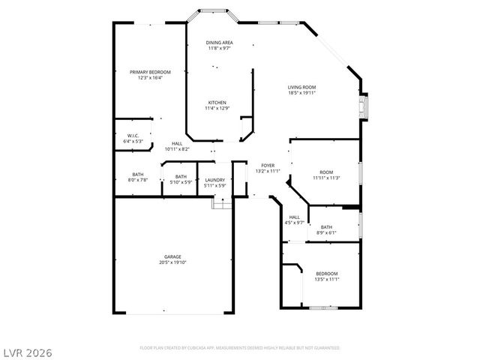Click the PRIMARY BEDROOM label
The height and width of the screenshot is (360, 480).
click(150, 72)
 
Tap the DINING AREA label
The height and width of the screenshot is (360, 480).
click(219, 43)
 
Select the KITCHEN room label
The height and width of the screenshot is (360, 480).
click(217, 103)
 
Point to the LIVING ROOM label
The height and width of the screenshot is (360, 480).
click(301, 88)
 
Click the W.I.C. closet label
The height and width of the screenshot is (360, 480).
click(132, 136)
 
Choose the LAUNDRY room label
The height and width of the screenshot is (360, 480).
click(215, 179)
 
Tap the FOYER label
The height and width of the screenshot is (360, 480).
click(267, 165)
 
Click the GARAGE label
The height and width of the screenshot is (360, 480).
click(173, 256)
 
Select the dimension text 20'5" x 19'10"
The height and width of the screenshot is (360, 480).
click(173, 262)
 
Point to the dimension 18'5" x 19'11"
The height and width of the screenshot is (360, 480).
click(301, 94)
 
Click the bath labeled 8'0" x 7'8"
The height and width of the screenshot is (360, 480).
click(138, 177)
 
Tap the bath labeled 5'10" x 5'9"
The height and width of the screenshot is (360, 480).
click(181, 179)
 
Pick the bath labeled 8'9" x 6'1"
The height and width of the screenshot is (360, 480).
click(326, 229)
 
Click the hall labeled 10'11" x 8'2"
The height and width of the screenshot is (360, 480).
click(177, 145)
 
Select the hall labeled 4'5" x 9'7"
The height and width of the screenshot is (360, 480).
click(294, 220)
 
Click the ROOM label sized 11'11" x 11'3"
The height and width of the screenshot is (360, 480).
click(326, 174)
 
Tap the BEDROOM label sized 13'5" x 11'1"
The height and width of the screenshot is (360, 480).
click(326, 276)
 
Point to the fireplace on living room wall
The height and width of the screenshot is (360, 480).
click(364, 106)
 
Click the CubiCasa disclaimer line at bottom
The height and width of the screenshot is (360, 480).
click(240, 348)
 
